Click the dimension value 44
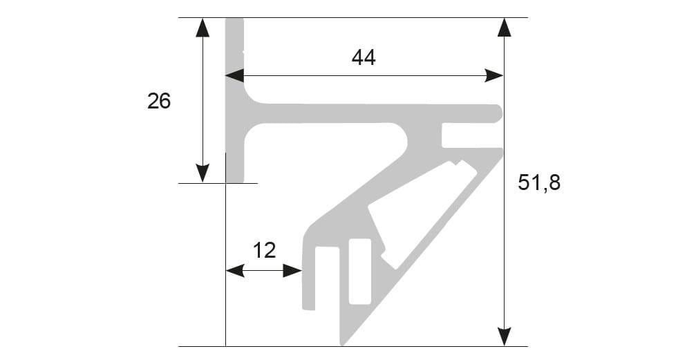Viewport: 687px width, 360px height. point(364,58)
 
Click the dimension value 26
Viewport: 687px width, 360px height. point(159,102)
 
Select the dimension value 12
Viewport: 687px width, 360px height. point(264,249)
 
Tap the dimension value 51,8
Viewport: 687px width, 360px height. point(539,182)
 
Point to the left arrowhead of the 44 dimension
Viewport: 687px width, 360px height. point(235,75)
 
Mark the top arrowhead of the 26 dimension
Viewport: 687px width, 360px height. point(202,27)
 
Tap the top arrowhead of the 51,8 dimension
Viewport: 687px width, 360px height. point(505,27)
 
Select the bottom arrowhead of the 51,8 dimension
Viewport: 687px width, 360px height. point(505,336)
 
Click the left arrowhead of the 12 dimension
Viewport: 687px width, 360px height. point(235,272)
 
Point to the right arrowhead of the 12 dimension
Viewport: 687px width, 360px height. point(294,272)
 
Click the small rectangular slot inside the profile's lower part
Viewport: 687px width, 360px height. point(359,272)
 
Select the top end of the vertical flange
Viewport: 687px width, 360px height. point(236,21)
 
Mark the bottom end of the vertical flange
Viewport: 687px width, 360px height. point(236,180)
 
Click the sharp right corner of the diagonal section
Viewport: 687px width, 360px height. point(501,149)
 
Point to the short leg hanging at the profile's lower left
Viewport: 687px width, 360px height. point(309,276)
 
